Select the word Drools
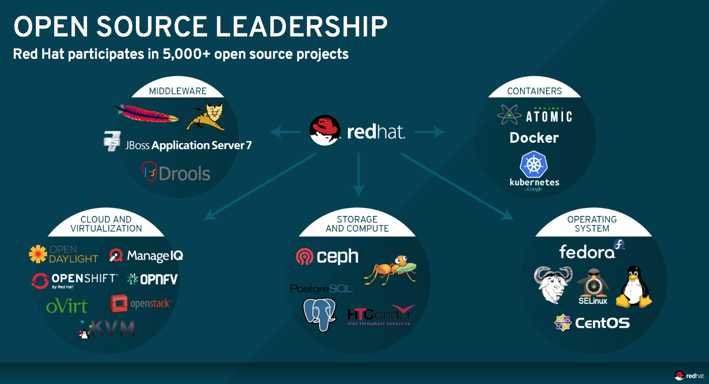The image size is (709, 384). point(184,174)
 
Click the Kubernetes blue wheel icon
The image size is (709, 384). point(533,165)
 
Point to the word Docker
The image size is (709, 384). point(534,138)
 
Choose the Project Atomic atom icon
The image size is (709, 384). point(509,115)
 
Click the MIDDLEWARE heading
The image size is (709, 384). point(178,91)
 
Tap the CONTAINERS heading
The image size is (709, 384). point(534,91)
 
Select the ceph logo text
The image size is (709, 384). point(338,257)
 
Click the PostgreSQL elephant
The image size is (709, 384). point(319,314)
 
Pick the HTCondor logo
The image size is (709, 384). point(380,315)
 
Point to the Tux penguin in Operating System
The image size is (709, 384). point(634,287)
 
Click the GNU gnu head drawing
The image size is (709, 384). point(553,284)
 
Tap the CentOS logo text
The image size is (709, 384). point(602,323)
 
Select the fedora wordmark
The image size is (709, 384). point(587,252)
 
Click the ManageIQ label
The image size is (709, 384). point(155,255)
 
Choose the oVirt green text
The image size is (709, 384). point(67,306)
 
